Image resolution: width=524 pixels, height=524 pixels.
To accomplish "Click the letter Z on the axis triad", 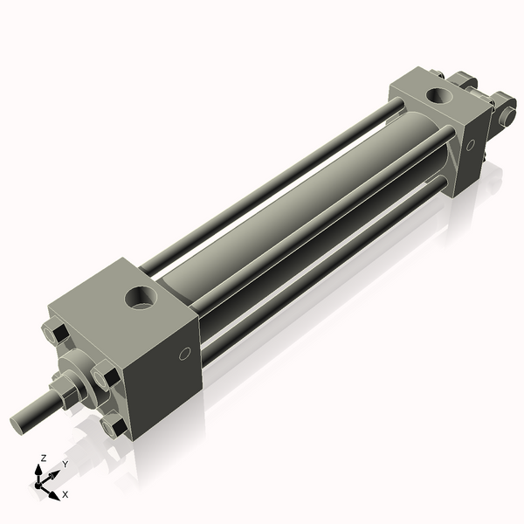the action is [x=43, y=458].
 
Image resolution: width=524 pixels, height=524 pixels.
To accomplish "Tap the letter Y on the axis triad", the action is [x=65, y=464].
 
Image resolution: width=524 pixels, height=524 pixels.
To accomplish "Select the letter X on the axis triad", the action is [x=65, y=494].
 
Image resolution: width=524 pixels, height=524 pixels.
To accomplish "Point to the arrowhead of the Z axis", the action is [x=38, y=470].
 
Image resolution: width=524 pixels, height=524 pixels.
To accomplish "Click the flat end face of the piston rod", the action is [x=17, y=425].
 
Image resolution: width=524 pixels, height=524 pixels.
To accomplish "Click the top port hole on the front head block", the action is [x=141, y=297].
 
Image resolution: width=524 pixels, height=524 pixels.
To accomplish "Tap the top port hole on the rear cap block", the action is [x=439, y=95].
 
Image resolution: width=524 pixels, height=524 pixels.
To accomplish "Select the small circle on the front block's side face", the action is [x=185, y=354].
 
